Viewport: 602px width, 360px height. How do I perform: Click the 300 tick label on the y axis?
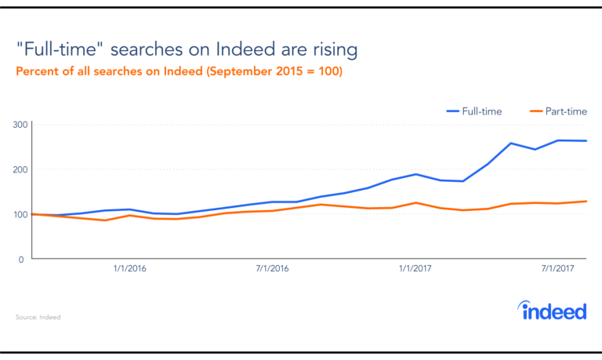pyautogui.click(x=20, y=125)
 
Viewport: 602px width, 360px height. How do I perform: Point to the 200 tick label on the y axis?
pyautogui.click(x=20, y=169)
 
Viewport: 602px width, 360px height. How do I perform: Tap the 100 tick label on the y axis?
pyautogui.click(x=20, y=214)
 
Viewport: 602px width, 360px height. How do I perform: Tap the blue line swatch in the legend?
pyautogui.click(x=452, y=112)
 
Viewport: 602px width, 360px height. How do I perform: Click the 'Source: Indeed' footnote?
pyautogui.click(x=38, y=317)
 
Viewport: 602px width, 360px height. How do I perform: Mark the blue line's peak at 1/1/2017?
pyautogui.click(x=416, y=174)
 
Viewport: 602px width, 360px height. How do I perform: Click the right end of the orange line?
pyautogui.click(x=586, y=202)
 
